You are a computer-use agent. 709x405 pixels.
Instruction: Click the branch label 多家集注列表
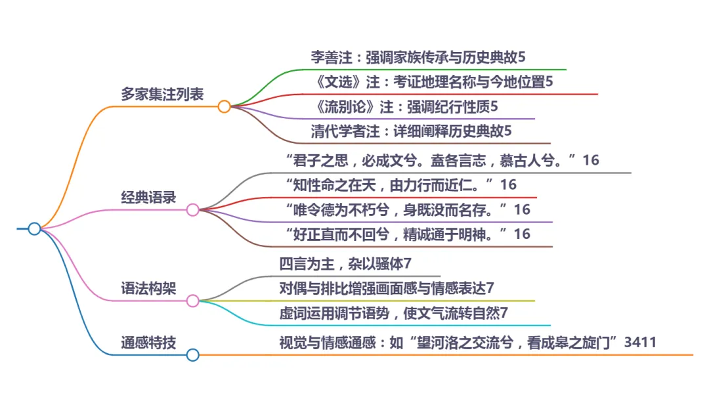pyautogui.click(x=162, y=94)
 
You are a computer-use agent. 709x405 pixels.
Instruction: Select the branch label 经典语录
pyautogui.click(x=148, y=197)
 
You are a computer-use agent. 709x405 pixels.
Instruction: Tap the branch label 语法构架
pyautogui.click(x=148, y=288)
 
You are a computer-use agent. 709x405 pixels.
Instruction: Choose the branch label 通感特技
pyautogui.click(x=148, y=342)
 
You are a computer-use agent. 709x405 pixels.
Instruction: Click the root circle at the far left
pyautogui.click(x=34, y=228)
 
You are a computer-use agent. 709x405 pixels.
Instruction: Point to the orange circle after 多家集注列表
pyautogui.click(x=224, y=106)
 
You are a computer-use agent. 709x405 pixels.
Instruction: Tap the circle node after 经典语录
pyautogui.click(x=192, y=210)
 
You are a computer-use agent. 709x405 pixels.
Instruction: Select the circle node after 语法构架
pyautogui.click(x=192, y=301)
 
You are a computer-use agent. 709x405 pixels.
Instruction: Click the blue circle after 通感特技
pyautogui.click(x=192, y=355)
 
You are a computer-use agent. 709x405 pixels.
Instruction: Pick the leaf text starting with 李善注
pyautogui.click(x=418, y=57)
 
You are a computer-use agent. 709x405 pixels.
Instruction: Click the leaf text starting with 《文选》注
pyautogui.click(x=434, y=82)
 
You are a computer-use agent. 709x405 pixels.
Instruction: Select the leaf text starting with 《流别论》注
pyautogui.click(x=404, y=106)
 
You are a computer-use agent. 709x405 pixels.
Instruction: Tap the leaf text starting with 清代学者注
pyautogui.click(x=411, y=131)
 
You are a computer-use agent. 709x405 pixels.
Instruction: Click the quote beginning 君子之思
pyautogui.click(x=442, y=160)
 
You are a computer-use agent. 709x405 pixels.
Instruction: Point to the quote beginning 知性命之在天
pyautogui.click(x=401, y=185)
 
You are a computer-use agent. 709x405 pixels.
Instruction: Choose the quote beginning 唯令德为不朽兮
pyautogui.click(x=408, y=209)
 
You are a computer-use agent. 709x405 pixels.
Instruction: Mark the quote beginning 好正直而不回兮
pyautogui.click(x=408, y=234)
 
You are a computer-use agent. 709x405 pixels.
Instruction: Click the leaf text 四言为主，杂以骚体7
pyautogui.click(x=345, y=264)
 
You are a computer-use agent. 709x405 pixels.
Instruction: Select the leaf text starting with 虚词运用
pyautogui.click(x=393, y=312)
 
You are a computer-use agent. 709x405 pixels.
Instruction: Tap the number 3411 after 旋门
pyautogui.click(x=641, y=342)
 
